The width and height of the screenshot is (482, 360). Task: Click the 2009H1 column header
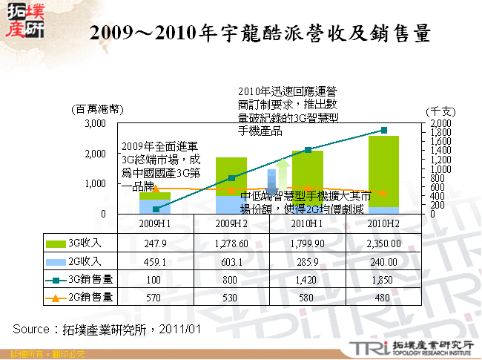(x=156, y=223)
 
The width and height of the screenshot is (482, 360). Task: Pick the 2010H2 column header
(x=383, y=223)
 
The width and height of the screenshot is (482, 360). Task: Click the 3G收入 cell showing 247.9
(x=156, y=243)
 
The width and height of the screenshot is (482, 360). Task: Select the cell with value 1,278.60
(x=231, y=243)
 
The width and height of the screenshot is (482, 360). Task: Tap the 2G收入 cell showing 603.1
(x=231, y=261)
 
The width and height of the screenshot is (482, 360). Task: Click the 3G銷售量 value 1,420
(x=308, y=280)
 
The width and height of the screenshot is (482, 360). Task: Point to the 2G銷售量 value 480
(x=383, y=298)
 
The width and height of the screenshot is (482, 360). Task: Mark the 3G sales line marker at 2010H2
(x=383, y=130)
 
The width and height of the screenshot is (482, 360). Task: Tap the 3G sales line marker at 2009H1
(x=156, y=209)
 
